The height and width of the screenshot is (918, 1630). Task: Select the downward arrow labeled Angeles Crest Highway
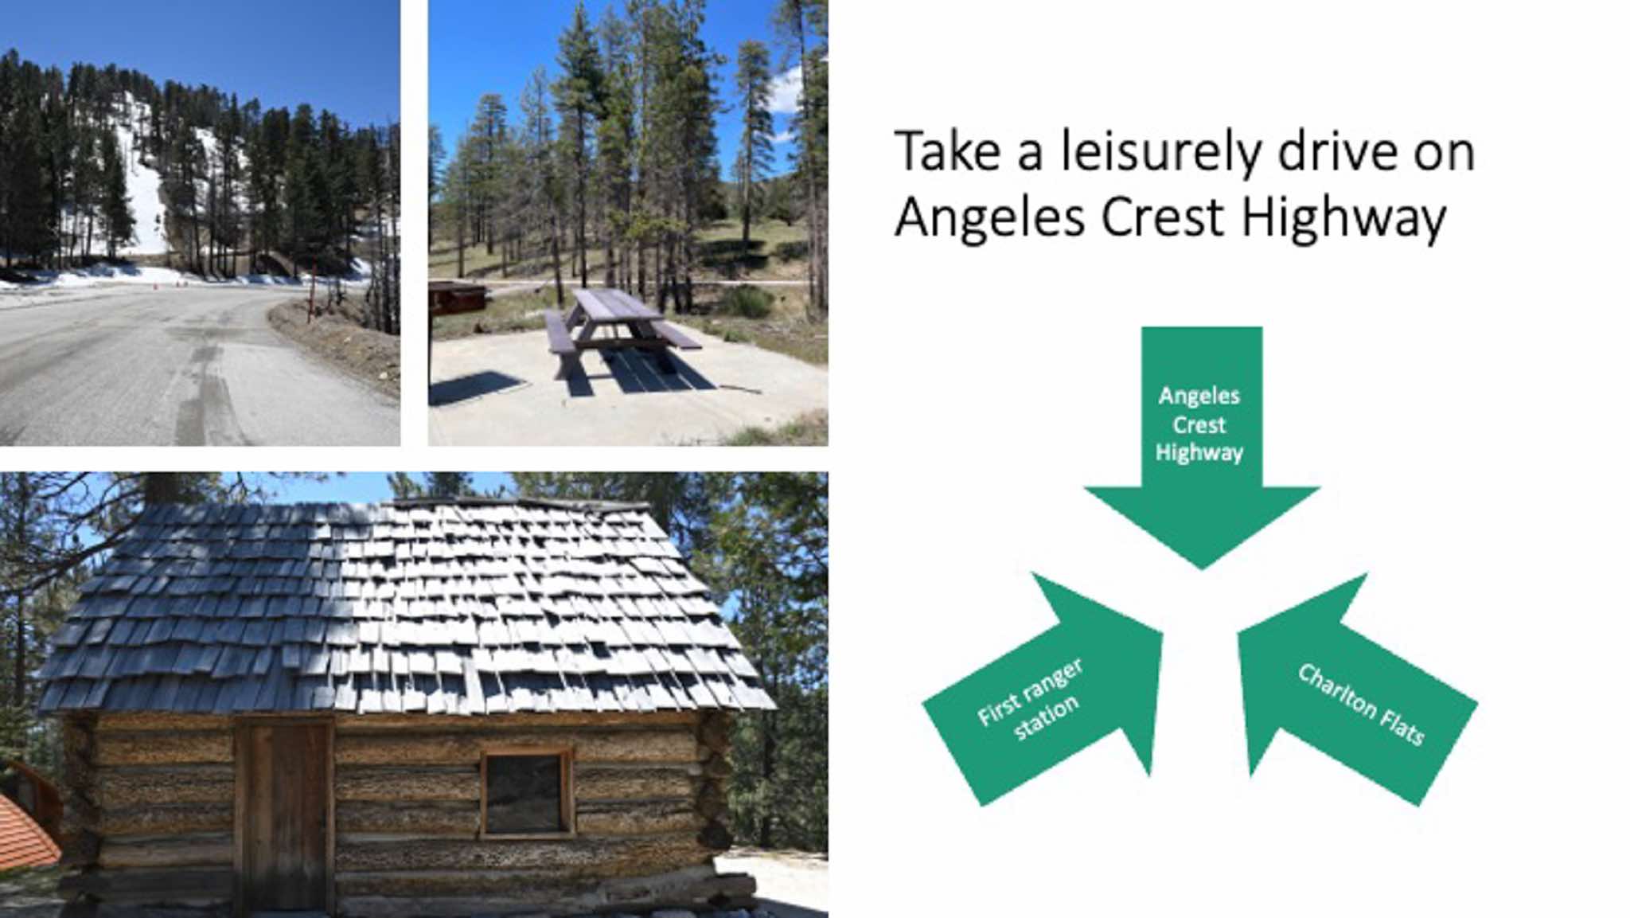coord(1202,446)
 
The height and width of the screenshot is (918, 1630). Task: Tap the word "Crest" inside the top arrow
coord(1199,424)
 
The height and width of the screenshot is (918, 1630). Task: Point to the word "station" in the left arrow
coord(1047,718)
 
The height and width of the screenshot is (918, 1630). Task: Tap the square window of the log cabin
coord(526,792)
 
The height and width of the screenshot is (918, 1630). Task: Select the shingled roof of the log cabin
coord(406,605)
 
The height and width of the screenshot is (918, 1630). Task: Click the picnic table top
coord(617,304)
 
